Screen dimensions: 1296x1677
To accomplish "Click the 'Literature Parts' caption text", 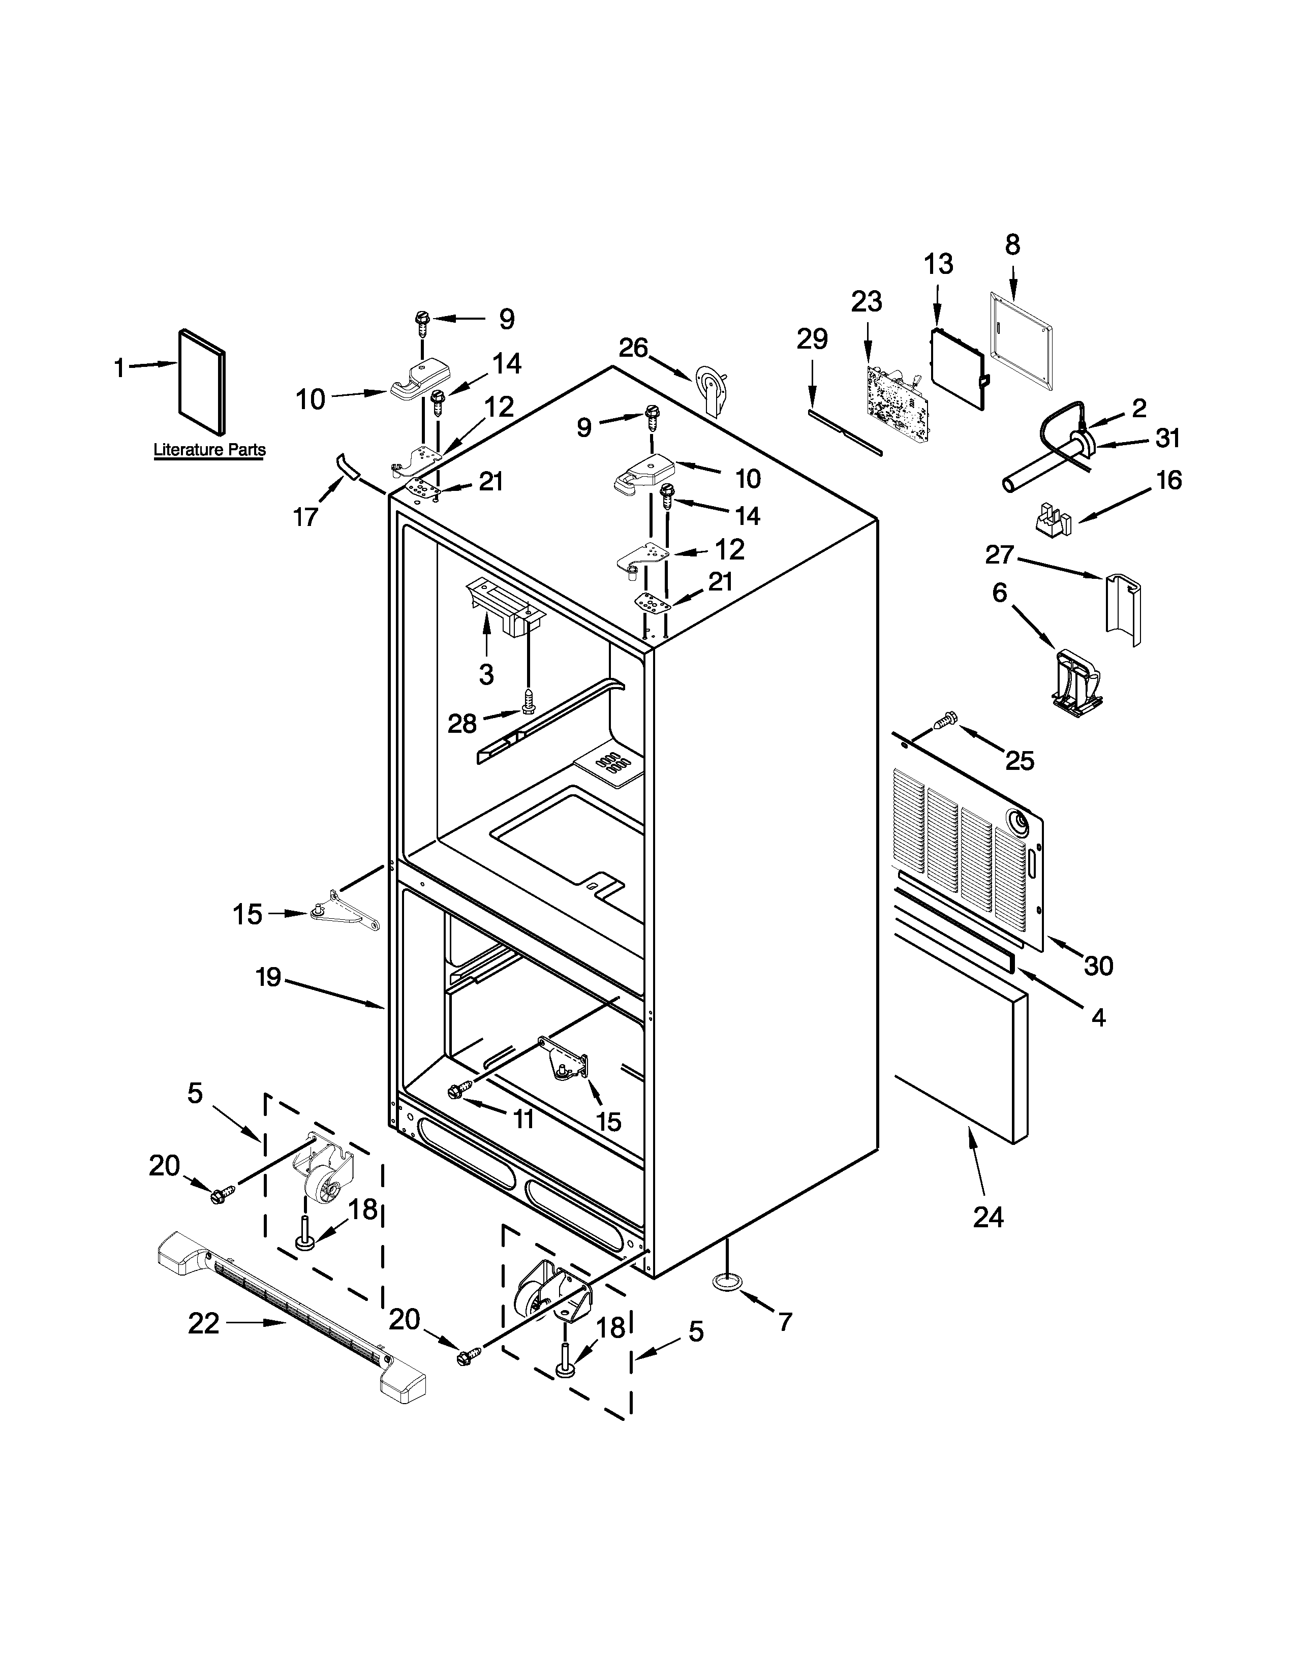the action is [209, 450].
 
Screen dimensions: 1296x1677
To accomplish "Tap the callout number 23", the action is [867, 302].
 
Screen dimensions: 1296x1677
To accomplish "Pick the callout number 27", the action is [1000, 553].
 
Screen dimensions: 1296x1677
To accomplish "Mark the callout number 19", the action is [269, 978].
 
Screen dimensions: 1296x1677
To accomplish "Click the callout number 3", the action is [486, 674].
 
